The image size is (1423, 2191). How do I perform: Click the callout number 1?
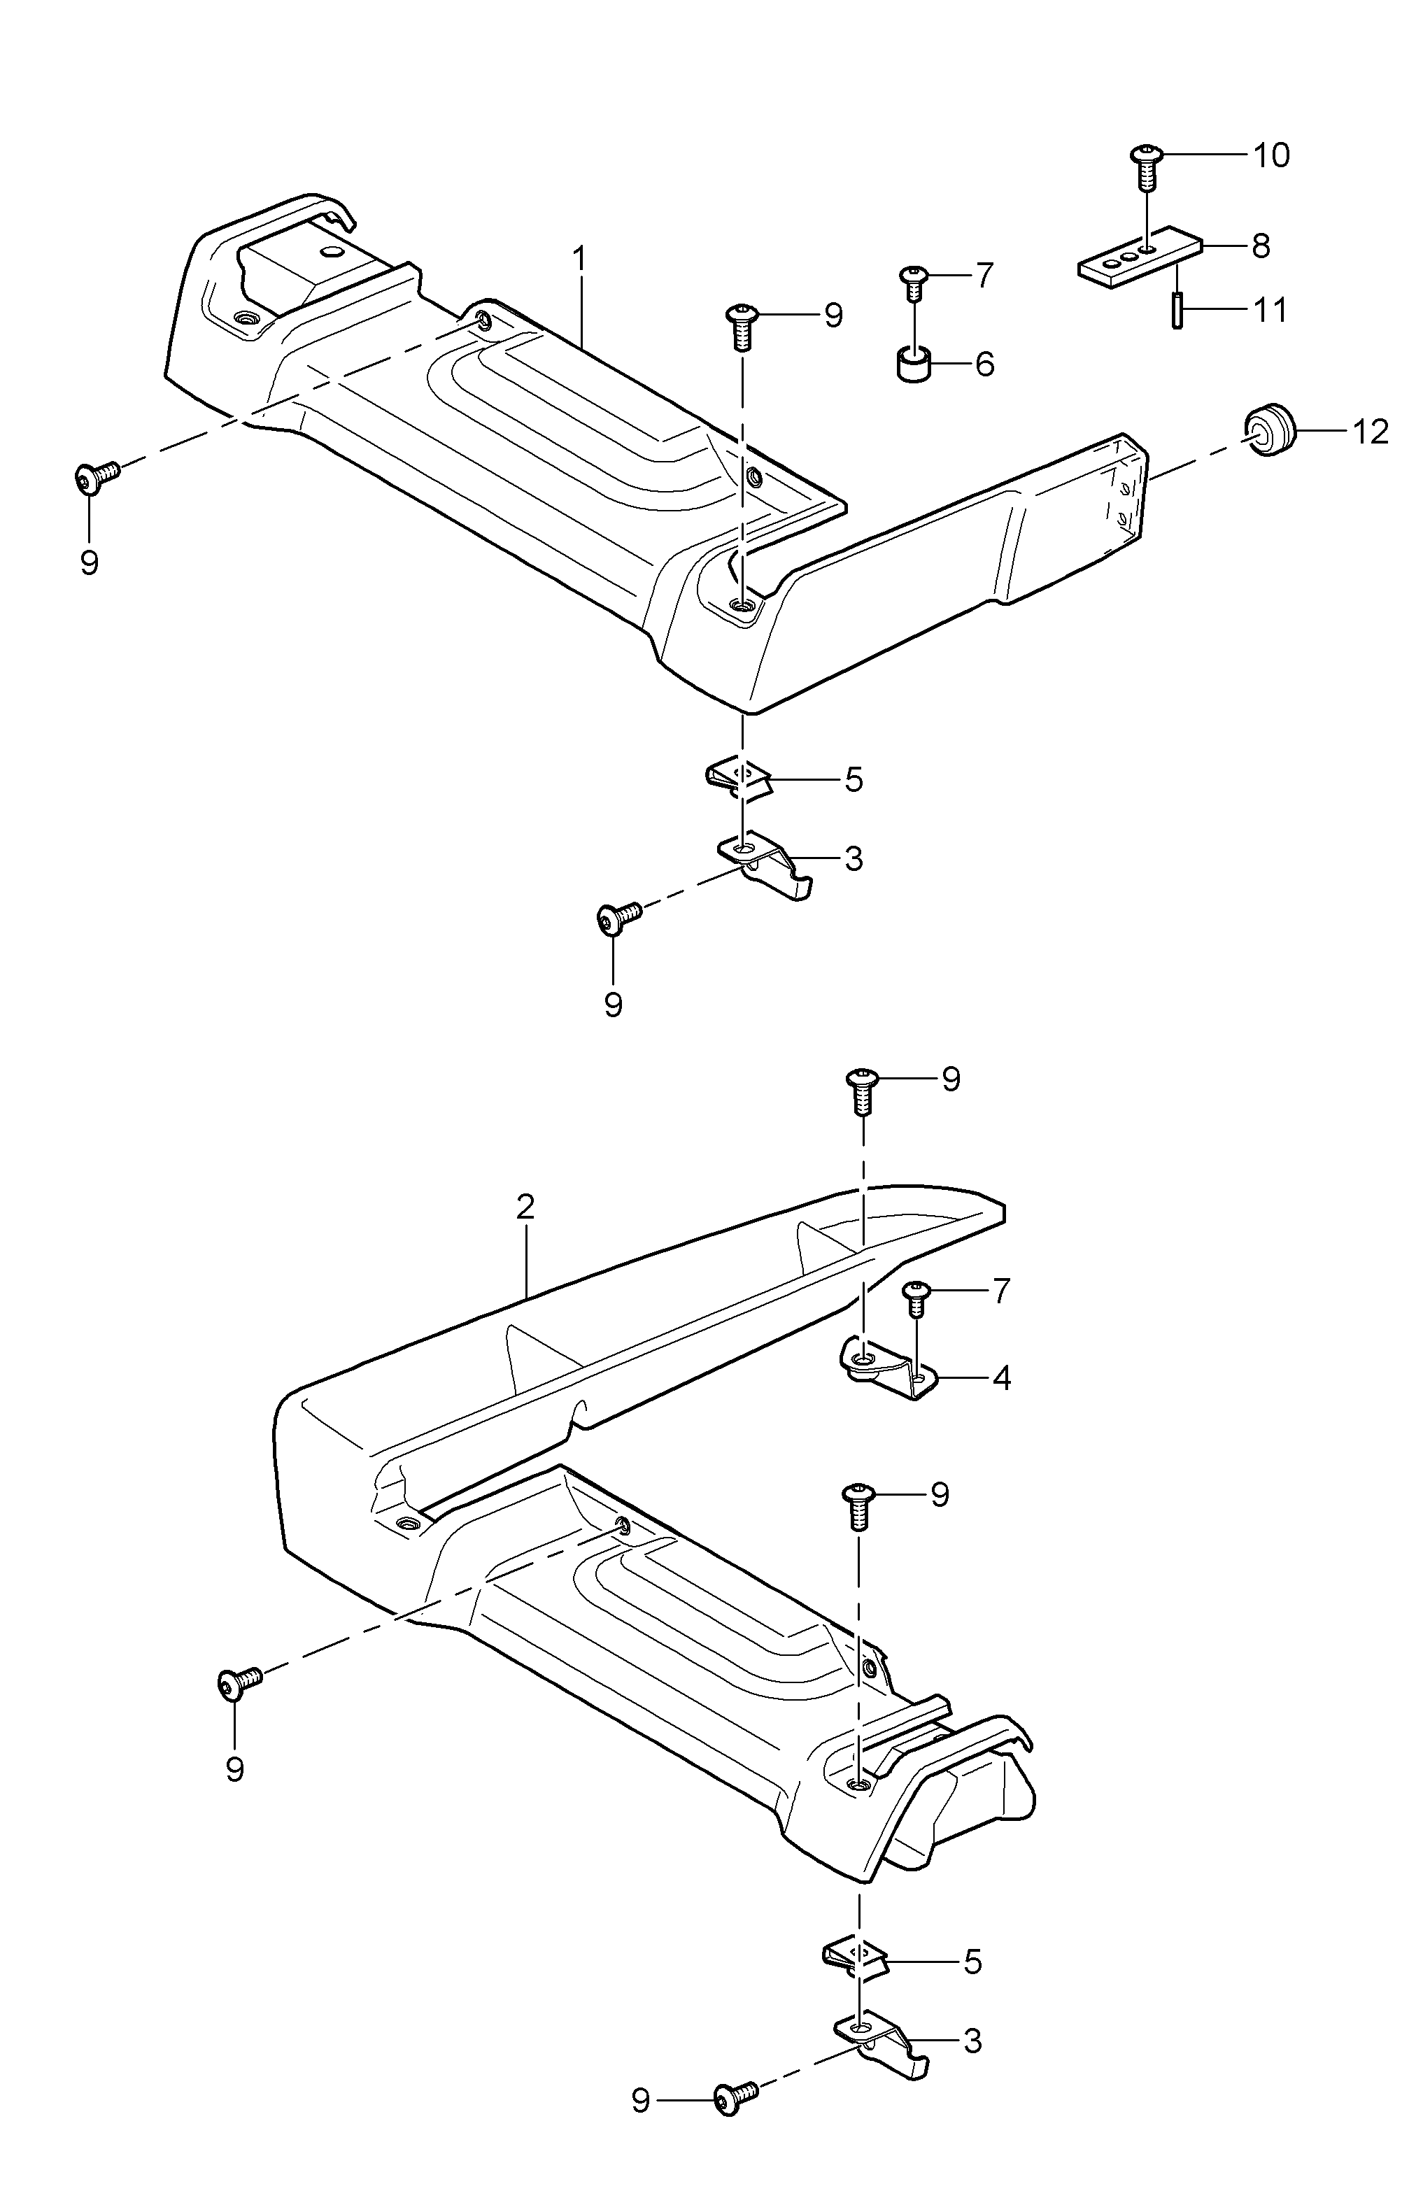tap(579, 260)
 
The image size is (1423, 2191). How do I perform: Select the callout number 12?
tap(1371, 431)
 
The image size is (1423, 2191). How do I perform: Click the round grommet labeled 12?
tap(1270, 428)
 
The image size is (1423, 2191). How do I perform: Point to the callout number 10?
tap(1271, 155)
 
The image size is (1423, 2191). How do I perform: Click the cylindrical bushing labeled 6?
tap(913, 364)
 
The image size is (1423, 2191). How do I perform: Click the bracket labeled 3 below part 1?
tap(767, 865)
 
